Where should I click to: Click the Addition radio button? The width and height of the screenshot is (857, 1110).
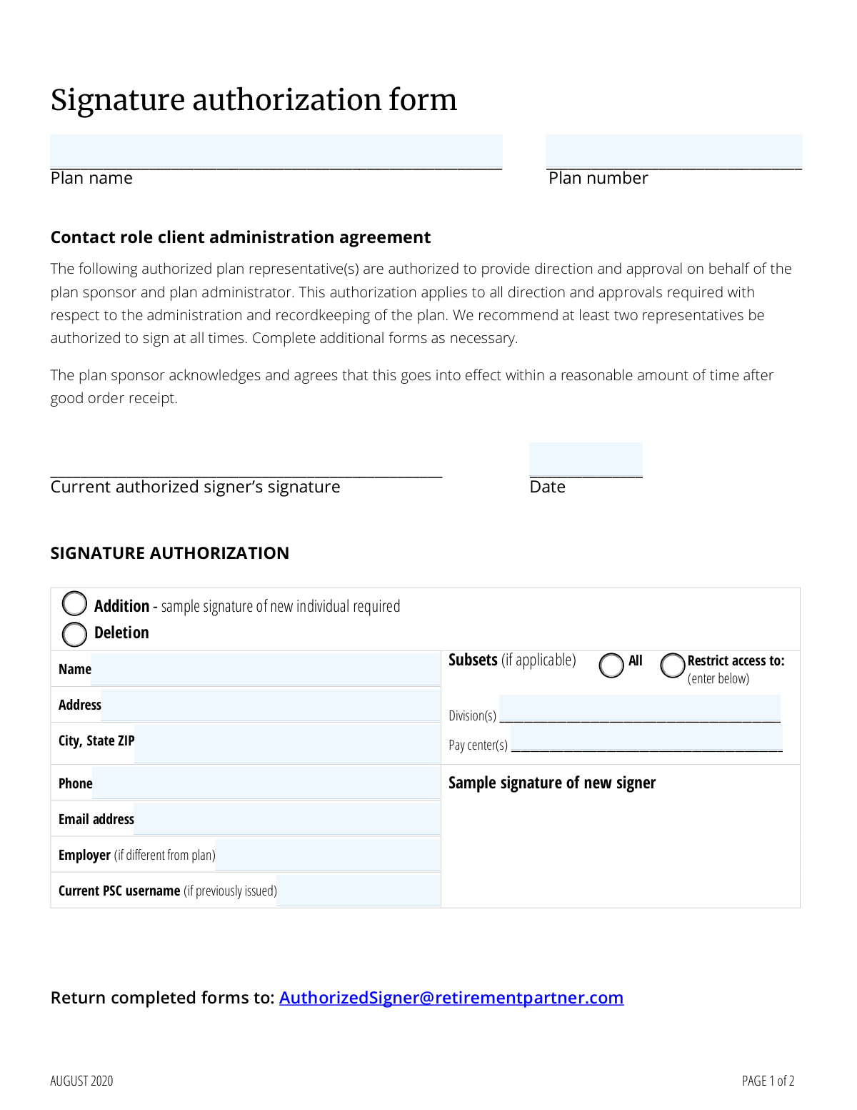point(74,604)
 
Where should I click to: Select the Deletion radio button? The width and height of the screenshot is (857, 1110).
point(74,634)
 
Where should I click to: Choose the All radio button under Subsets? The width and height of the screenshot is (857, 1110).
point(611,665)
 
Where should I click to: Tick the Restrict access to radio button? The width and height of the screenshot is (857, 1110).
point(673,665)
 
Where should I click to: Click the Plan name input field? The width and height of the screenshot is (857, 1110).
point(276,152)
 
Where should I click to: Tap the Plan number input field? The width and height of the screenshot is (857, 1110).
point(673,152)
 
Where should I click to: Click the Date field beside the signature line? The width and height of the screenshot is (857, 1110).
point(586,460)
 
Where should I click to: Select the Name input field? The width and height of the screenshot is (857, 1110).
point(265,669)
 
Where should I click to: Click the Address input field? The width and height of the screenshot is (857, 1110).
point(270,705)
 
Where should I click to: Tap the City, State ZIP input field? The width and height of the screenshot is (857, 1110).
point(286,742)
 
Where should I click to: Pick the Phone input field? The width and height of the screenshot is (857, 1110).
point(266,783)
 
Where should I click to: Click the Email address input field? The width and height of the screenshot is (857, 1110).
point(286,819)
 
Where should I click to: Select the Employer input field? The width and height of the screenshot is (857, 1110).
point(327,855)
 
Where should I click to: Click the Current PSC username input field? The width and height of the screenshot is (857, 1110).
point(358,890)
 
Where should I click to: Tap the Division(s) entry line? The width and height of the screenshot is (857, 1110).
point(639,709)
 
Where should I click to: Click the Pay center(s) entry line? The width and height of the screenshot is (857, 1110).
point(646,738)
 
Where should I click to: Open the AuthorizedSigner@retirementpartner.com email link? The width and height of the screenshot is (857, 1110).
point(451,998)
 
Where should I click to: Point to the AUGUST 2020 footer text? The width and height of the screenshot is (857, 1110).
point(81,1081)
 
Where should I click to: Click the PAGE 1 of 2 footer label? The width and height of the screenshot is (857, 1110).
point(768,1081)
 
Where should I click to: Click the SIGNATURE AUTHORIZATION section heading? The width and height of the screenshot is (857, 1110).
point(170,553)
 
